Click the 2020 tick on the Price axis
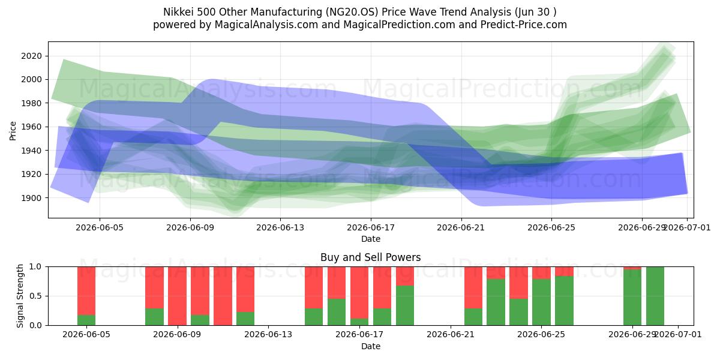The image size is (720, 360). (31, 56)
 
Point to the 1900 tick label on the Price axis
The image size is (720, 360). (31, 198)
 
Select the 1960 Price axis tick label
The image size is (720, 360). (31, 127)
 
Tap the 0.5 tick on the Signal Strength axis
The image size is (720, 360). (35, 296)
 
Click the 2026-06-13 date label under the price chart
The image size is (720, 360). (280, 227)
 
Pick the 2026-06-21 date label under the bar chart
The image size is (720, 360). (451, 334)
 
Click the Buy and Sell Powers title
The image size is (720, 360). (371, 257)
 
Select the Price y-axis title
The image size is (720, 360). (13, 131)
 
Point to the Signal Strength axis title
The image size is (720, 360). (20, 296)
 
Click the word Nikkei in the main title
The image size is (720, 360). (178, 12)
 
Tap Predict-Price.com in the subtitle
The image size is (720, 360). (524, 25)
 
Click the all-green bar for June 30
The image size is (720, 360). (655, 296)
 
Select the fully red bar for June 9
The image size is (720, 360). (177, 296)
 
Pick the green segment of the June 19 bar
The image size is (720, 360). (405, 305)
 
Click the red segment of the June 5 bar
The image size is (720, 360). (86, 291)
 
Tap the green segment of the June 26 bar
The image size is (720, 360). (564, 301)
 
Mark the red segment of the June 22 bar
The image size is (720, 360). (473, 287)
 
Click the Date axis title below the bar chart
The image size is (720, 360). (371, 346)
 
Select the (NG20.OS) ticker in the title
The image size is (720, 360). (352, 12)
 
